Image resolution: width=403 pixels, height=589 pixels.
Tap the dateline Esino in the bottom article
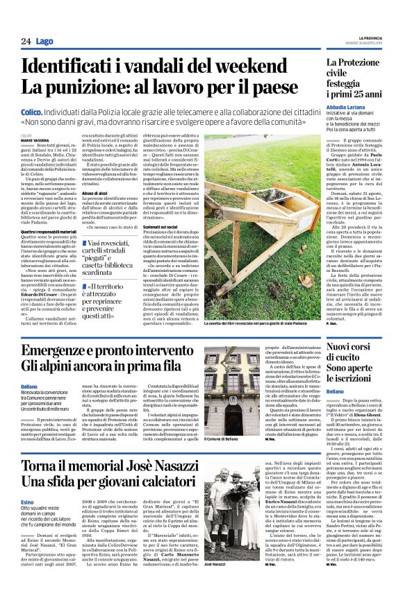tap(27, 502)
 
